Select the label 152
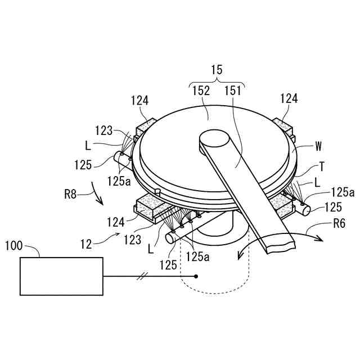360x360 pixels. click(201, 90)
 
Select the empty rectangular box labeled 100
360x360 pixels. click(61, 276)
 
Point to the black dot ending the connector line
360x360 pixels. click(196, 276)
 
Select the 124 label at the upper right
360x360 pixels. click(289, 100)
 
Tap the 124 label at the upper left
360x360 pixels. click(140, 101)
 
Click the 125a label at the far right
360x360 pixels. click(343, 192)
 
